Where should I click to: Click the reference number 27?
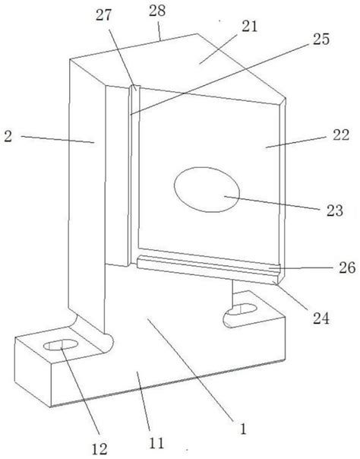coord(103,15)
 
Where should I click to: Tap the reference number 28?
coord(157,11)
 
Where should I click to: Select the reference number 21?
coord(249,27)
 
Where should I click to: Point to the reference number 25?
coord(321,40)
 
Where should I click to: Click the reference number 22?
coord(341,135)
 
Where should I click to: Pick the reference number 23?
coord(335,211)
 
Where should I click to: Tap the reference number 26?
coord(347,267)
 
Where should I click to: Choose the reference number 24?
coord(321,318)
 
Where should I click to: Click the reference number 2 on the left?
coord(8,137)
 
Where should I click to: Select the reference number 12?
coord(99,448)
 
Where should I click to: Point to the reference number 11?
coord(156,442)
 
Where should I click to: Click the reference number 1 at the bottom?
coord(243,429)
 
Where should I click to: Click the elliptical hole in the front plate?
coord(207,190)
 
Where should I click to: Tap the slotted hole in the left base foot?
coord(61,344)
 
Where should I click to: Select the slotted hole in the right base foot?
coord(242,309)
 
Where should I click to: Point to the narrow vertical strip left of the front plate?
coord(134,176)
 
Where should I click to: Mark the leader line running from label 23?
coord(272,203)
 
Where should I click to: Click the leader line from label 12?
coord(81,391)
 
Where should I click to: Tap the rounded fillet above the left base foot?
coord(93,331)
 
